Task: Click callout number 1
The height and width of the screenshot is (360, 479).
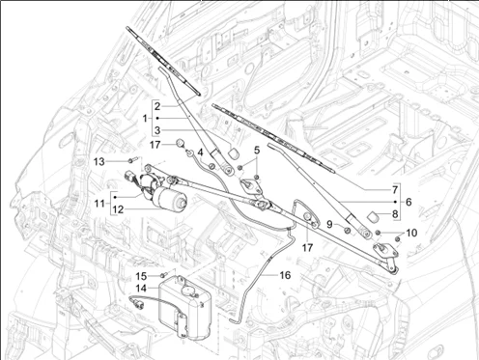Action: coord(145,119)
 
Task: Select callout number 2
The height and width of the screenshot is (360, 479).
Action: coord(157,106)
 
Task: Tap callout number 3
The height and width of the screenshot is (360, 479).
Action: coord(157,130)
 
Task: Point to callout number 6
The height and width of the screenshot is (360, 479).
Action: coord(409,202)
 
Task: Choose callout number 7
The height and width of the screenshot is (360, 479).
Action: coord(395,190)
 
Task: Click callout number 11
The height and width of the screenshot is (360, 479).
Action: coord(99,204)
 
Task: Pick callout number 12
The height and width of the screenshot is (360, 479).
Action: coord(118,209)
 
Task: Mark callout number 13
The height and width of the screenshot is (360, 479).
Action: coord(99,161)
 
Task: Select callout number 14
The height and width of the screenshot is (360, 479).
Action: coord(141,289)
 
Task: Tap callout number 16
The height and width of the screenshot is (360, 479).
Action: coord(285,275)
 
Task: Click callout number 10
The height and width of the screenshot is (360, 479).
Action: coord(411,233)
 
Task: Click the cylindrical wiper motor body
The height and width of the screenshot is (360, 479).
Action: coord(170,199)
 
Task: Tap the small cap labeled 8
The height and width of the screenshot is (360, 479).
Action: coord(374,217)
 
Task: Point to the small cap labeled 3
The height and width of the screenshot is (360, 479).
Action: coord(235,152)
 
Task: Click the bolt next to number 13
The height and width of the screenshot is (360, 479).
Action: coord(132,159)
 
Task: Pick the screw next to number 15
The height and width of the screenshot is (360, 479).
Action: coord(164,275)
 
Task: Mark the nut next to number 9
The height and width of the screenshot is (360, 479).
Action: coord(348,231)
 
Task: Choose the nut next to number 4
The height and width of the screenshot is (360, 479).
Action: coord(212,166)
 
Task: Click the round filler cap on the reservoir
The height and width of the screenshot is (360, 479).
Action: coord(188,291)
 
